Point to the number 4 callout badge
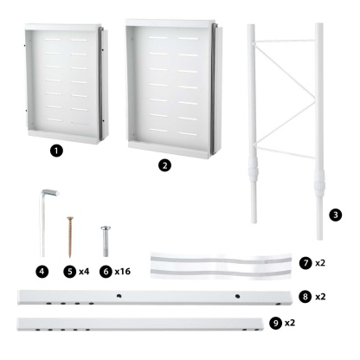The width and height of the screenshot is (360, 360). [x=41, y=271]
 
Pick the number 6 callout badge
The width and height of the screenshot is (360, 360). [x=105, y=271]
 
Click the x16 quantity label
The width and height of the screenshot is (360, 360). [x=124, y=271]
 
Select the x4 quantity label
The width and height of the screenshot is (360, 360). [x=85, y=271]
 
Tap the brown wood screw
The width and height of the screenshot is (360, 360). [x=70, y=232]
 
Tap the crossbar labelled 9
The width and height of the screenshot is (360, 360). [x=138, y=325]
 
